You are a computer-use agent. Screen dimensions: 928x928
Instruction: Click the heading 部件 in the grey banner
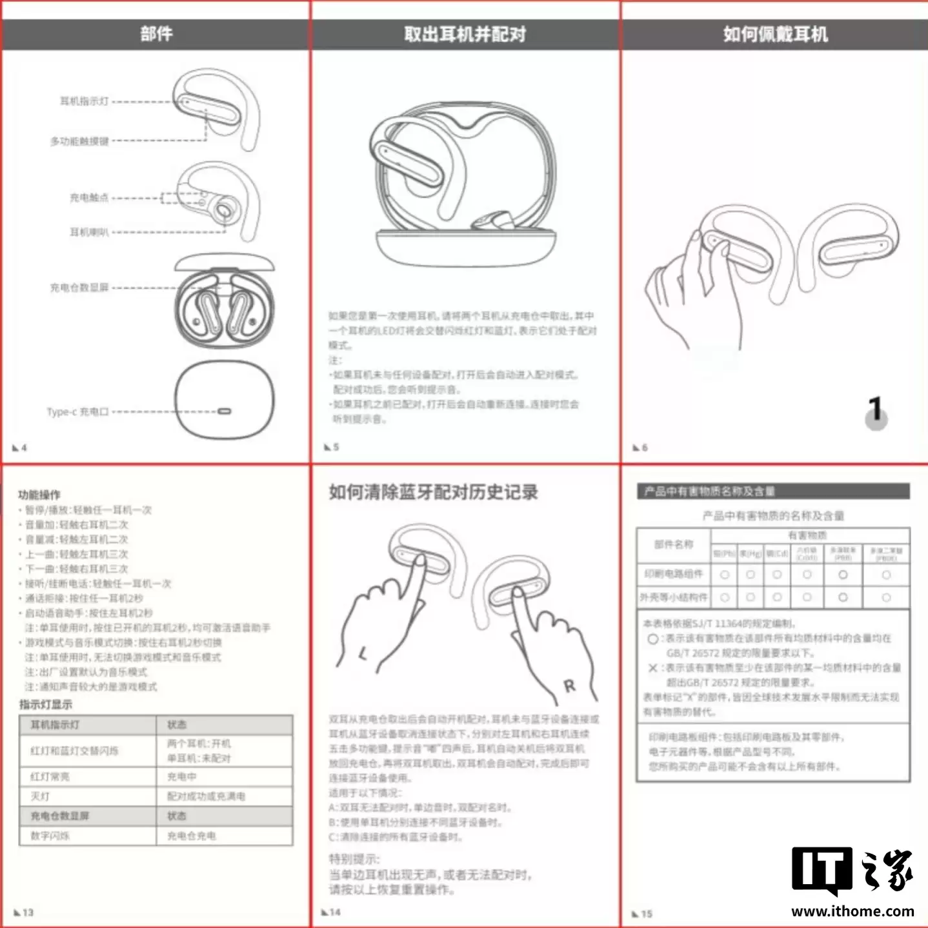point(156,34)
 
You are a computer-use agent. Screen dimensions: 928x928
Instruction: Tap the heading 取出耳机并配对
point(465,34)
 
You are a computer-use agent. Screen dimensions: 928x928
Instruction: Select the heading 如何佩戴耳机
point(775,34)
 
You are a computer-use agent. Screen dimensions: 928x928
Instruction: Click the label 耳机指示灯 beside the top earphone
point(85,101)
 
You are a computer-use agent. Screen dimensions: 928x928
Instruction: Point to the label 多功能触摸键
point(79,141)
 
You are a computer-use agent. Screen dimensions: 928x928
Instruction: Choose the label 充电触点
point(89,197)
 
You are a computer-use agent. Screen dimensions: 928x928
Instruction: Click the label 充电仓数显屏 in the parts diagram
point(79,288)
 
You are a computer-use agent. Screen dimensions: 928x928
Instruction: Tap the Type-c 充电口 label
point(77,411)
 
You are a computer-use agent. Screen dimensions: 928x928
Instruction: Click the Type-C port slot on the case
point(224,411)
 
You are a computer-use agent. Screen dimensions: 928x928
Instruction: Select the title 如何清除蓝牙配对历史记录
point(433,492)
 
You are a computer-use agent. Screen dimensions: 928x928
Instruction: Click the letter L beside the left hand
point(363,655)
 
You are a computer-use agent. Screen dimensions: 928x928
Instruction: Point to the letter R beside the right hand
point(569,686)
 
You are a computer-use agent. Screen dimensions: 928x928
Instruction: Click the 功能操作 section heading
point(39,495)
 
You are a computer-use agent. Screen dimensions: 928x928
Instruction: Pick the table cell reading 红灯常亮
point(50,776)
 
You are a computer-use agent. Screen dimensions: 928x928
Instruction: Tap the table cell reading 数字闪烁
point(50,836)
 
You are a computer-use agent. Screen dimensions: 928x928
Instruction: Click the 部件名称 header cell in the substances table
point(674,545)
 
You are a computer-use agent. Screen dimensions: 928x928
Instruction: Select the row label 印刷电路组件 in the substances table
point(674,574)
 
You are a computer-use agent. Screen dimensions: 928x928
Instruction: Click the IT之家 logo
point(852,871)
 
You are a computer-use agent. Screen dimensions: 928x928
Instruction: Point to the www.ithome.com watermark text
point(852,911)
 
